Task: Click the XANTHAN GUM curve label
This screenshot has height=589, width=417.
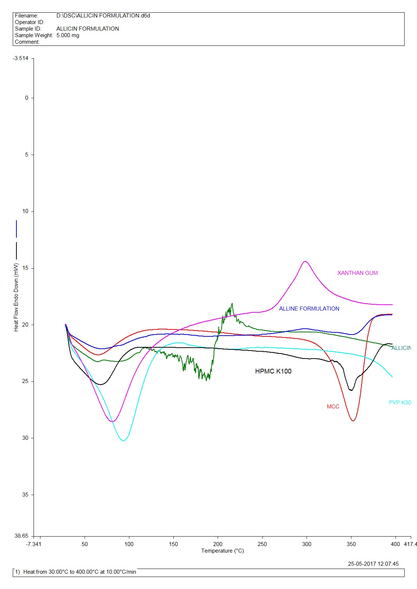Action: pos(357,273)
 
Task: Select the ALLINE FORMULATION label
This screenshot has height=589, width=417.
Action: pos(309,309)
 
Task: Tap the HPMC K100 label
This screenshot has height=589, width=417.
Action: pos(273,371)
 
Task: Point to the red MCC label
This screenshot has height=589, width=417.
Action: pos(333,407)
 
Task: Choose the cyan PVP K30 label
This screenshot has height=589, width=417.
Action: pos(400,403)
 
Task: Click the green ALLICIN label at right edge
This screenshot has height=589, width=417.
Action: pos(401,348)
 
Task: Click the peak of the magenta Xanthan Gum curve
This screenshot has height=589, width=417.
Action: pos(305,261)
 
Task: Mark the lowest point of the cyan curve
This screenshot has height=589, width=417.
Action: pos(124,440)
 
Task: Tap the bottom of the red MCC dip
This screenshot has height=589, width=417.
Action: pos(353,421)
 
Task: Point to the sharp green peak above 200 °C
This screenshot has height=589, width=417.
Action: pos(232,304)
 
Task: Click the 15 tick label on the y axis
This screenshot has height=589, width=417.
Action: pos(25,268)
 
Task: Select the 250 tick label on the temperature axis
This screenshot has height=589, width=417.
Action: pos(262,544)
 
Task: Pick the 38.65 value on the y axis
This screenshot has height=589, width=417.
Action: pos(22,536)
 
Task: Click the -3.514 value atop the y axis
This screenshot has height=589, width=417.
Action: pos(21,58)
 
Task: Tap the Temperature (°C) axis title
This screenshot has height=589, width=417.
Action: pos(222,551)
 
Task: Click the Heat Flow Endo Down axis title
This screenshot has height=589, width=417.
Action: pos(16,297)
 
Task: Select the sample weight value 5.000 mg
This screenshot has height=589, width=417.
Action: pos(68,35)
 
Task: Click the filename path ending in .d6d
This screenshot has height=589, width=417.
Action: pos(103,16)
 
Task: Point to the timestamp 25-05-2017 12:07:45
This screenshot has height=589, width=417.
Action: pos(373,564)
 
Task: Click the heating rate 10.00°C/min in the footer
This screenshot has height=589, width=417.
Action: pos(121,572)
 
